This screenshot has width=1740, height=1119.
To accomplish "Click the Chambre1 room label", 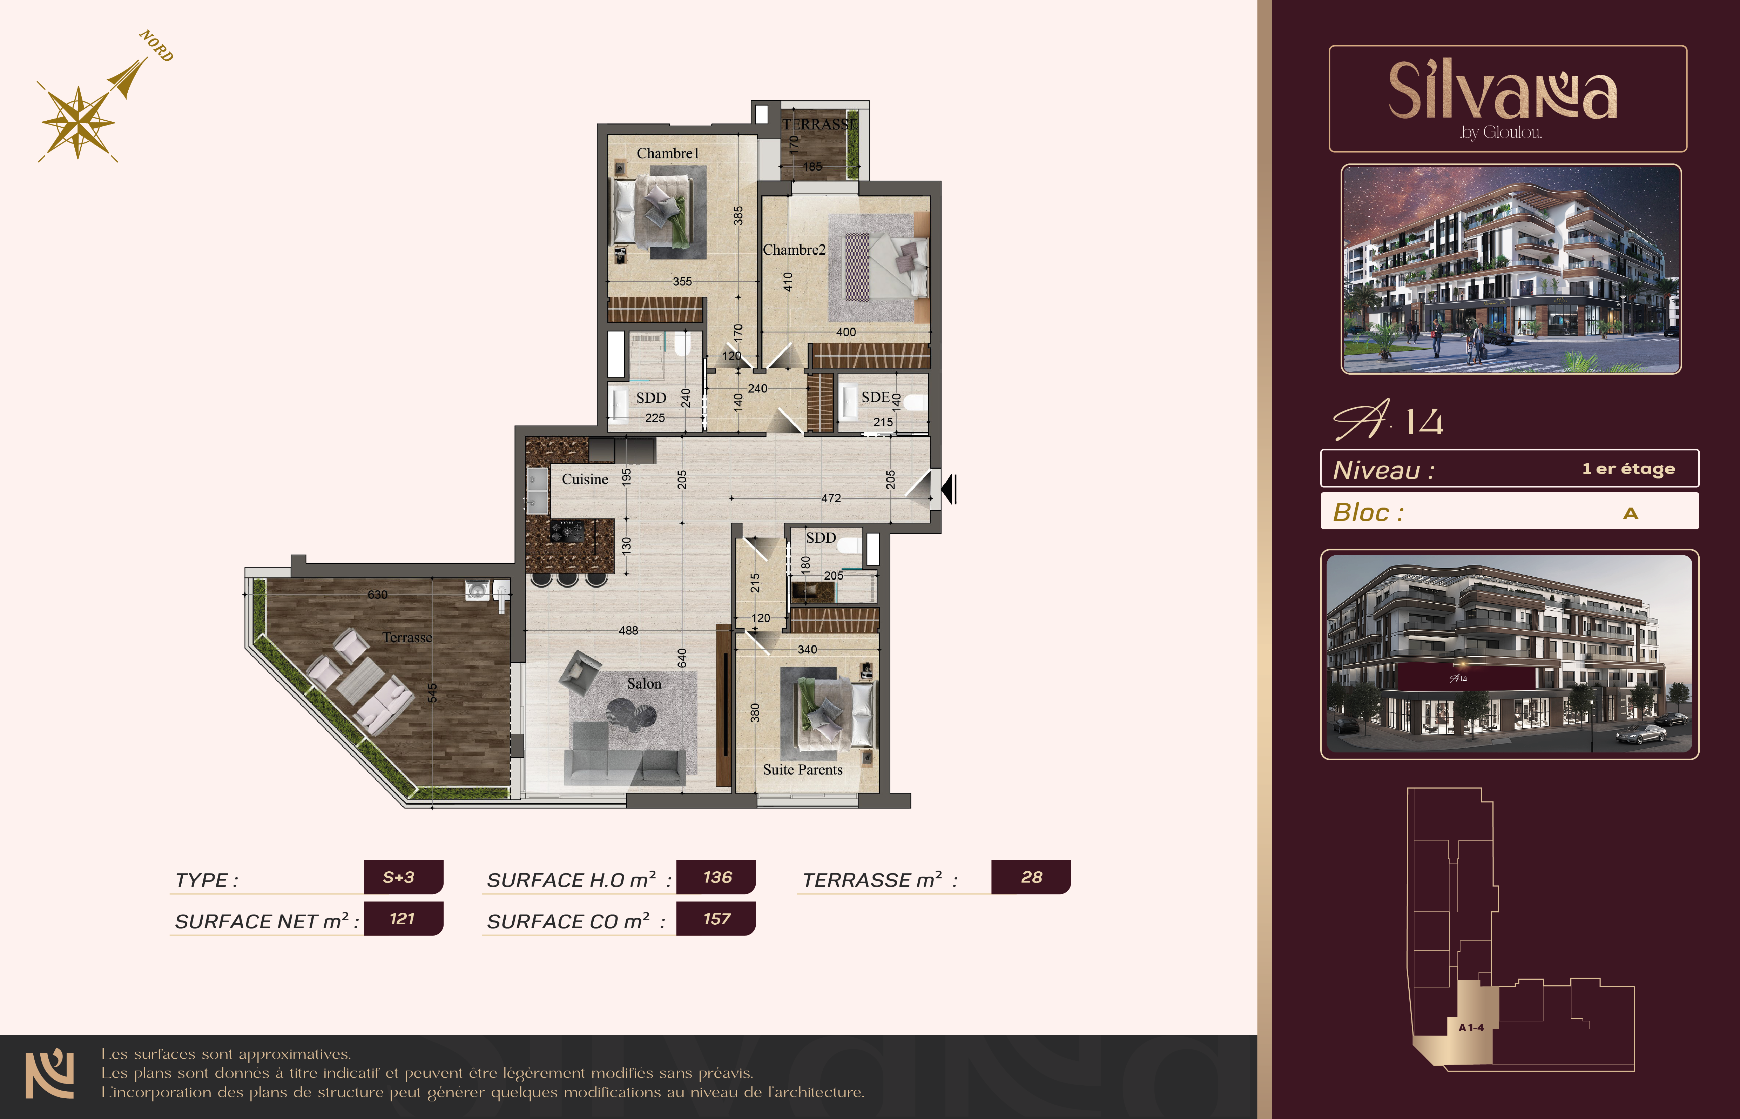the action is click(x=667, y=153).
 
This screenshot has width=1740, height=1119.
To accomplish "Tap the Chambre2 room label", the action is click(x=794, y=250).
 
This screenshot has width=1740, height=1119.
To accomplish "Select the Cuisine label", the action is click(x=585, y=480).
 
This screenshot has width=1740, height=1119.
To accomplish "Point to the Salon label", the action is click(x=644, y=684).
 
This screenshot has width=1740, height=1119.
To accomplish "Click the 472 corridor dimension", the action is click(x=831, y=498).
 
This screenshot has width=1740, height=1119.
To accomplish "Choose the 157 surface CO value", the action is click(x=717, y=919).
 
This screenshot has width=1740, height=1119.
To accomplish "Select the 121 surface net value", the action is click(x=402, y=919).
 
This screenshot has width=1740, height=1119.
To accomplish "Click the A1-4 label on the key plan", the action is click(x=1471, y=1027).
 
